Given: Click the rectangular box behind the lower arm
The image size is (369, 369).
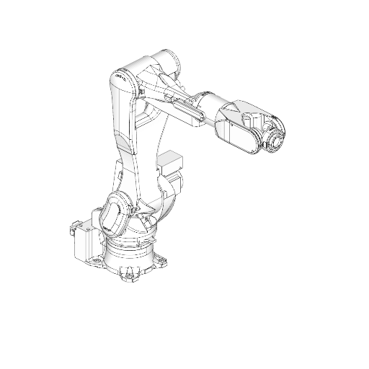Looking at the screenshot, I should point(172,162).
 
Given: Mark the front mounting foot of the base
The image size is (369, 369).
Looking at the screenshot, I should point(129,275).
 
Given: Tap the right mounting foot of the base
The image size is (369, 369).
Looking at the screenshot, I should point(164,259).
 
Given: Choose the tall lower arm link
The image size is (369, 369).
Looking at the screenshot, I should point(121,130).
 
